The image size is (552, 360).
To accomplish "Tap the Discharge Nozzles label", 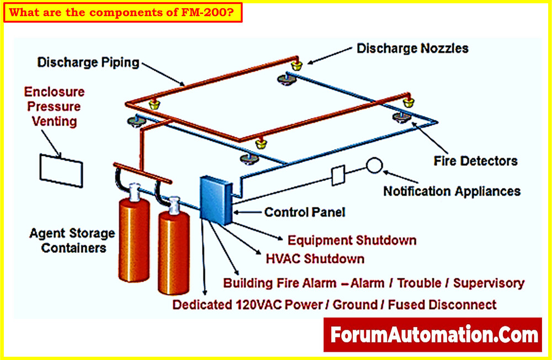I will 412,49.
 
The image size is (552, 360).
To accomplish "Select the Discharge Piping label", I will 88,62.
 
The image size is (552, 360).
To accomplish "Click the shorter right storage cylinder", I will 174,251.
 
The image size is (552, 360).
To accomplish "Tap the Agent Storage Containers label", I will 72,240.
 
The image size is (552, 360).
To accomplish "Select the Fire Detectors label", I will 475,161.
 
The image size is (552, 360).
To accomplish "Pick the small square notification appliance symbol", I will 338,176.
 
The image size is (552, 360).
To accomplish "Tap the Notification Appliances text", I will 452,191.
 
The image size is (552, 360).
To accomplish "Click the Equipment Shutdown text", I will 352,240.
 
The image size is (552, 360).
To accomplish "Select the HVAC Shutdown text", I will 315,258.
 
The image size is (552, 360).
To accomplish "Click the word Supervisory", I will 489,283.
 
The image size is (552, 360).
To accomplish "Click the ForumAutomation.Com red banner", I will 433,335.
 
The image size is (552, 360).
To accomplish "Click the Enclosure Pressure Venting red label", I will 54,106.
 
